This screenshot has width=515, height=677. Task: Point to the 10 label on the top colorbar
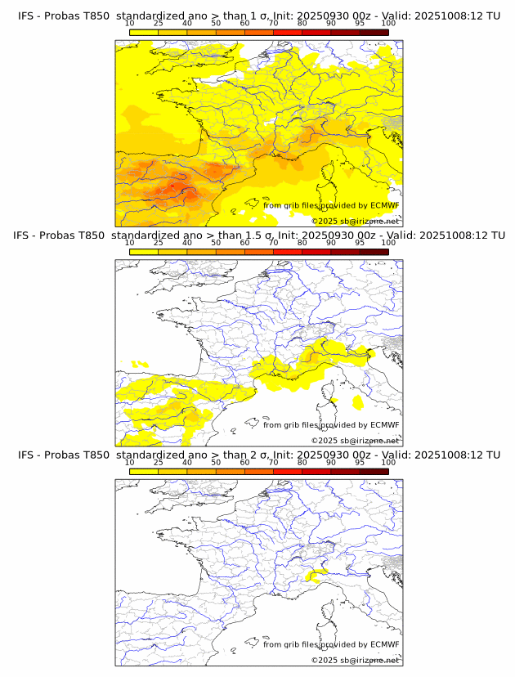pyautogui.click(x=129, y=23)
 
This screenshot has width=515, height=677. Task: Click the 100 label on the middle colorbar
pyautogui.click(x=388, y=242)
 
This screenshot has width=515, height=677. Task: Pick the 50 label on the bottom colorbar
pyautogui.click(x=216, y=461)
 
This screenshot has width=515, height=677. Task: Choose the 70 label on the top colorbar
pyautogui.click(x=273, y=23)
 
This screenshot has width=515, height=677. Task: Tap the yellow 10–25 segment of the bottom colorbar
pyautogui.click(x=143, y=470)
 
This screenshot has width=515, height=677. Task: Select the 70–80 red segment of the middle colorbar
pyautogui.click(x=287, y=251)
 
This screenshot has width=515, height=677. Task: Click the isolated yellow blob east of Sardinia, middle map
pyautogui.click(x=358, y=401)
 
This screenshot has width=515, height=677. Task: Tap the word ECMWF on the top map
pyautogui.click(x=384, y=205)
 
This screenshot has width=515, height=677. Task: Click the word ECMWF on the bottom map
pyautogui.click(x=384, y=644)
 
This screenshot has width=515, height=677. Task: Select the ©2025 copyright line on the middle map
pyautogui.click(x=355, y=441)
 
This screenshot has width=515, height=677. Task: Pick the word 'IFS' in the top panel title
pyautogui.click(x=27, y=16)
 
